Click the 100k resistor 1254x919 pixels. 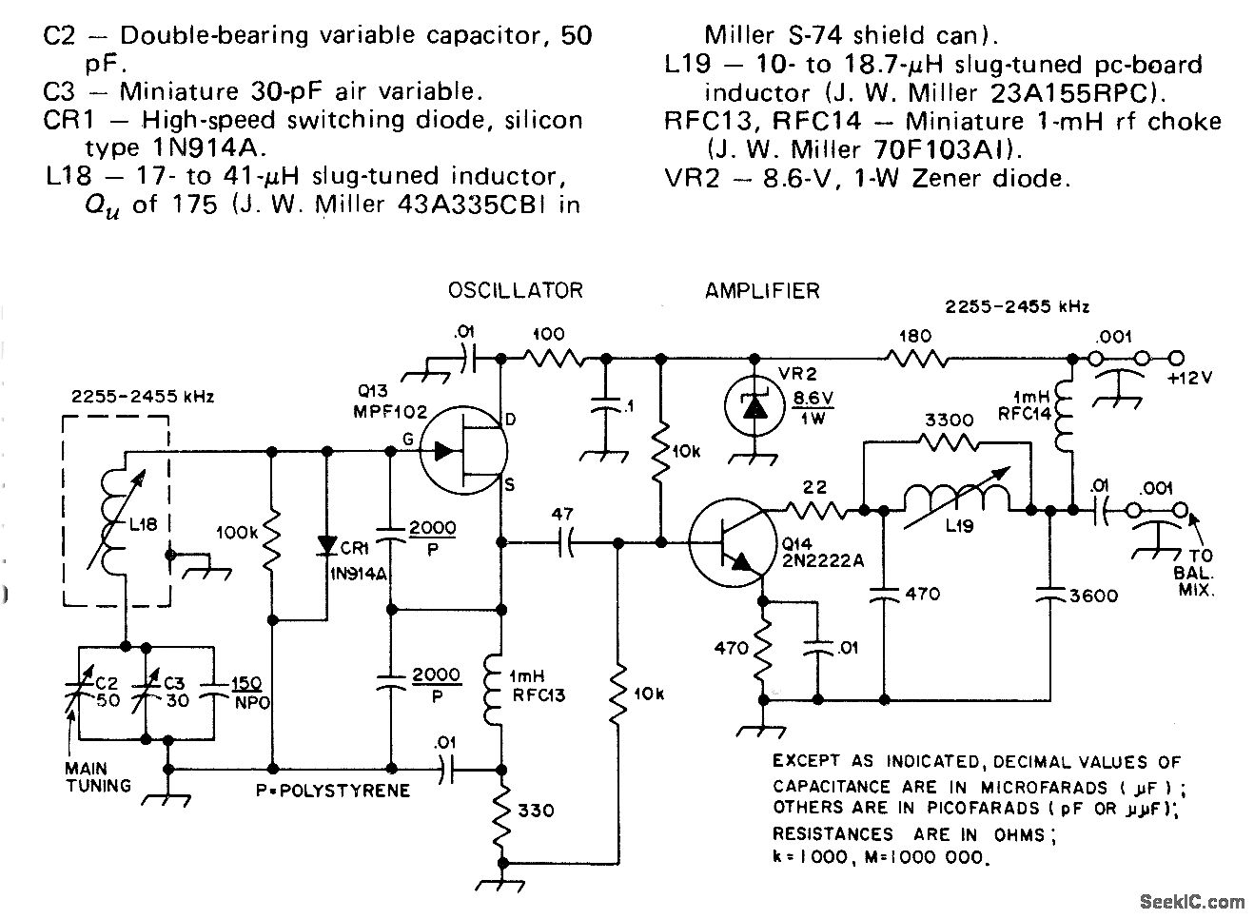[x=272, y=537]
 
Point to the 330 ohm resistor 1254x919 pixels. [x=501, y=811]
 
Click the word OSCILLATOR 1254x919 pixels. [x=515, y=290]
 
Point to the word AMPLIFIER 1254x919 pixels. [x=762, y=290]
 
